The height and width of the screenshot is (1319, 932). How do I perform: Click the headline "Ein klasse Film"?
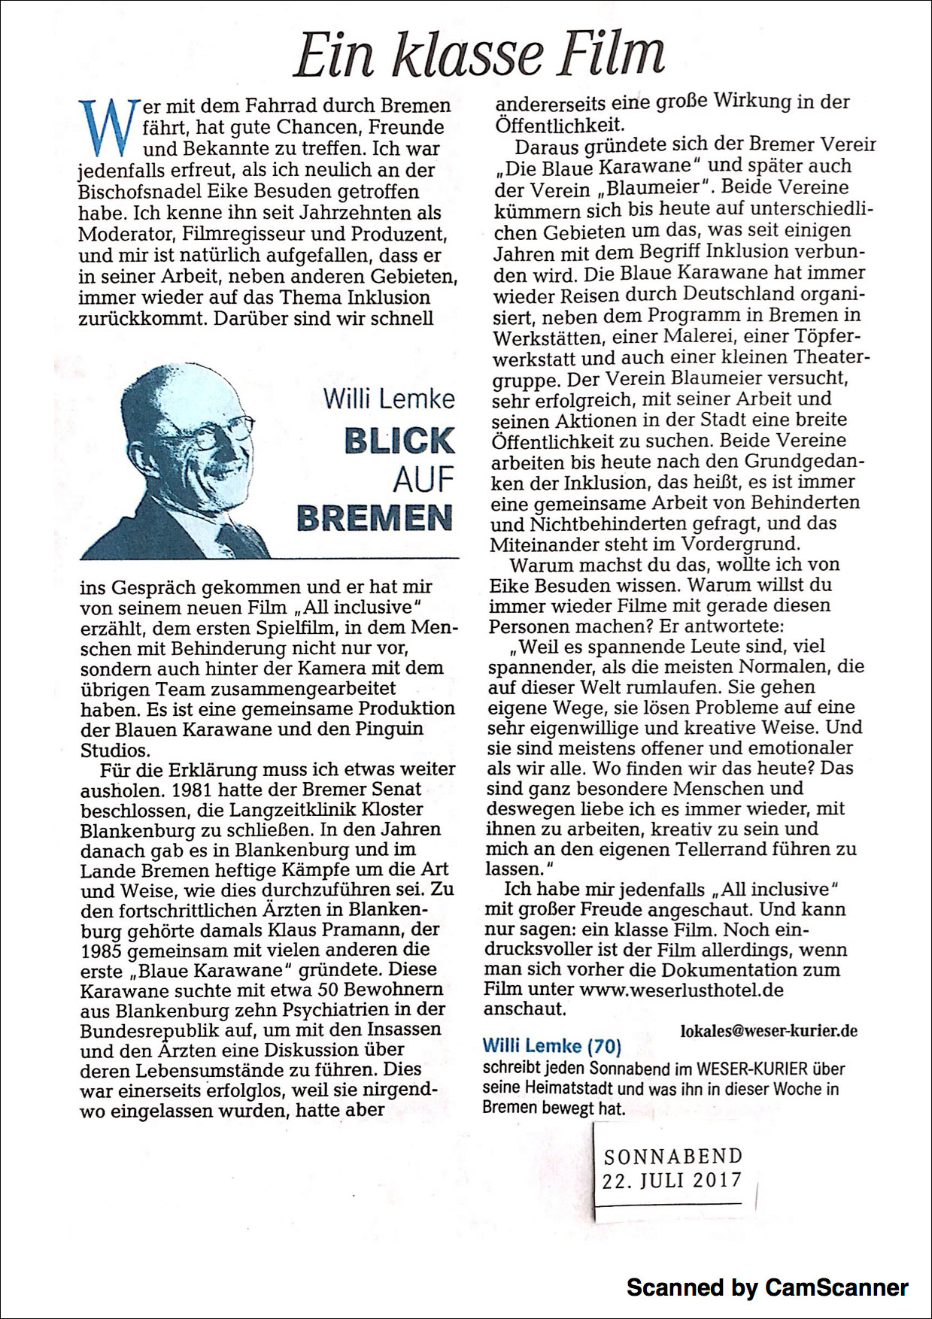(479, 54)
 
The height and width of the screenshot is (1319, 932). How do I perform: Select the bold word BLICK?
(399, 441)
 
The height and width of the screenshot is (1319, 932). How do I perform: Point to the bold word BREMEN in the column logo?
(376, 516)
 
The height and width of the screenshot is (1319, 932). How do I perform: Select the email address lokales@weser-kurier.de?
(768, 1030)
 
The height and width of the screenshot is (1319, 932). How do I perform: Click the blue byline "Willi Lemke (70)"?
(551, 1045)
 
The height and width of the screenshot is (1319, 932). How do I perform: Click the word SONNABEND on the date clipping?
(672, 1155)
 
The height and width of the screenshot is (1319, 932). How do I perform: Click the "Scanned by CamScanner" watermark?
(767, 1287)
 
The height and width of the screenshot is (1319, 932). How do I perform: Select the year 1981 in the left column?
(195, 790)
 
